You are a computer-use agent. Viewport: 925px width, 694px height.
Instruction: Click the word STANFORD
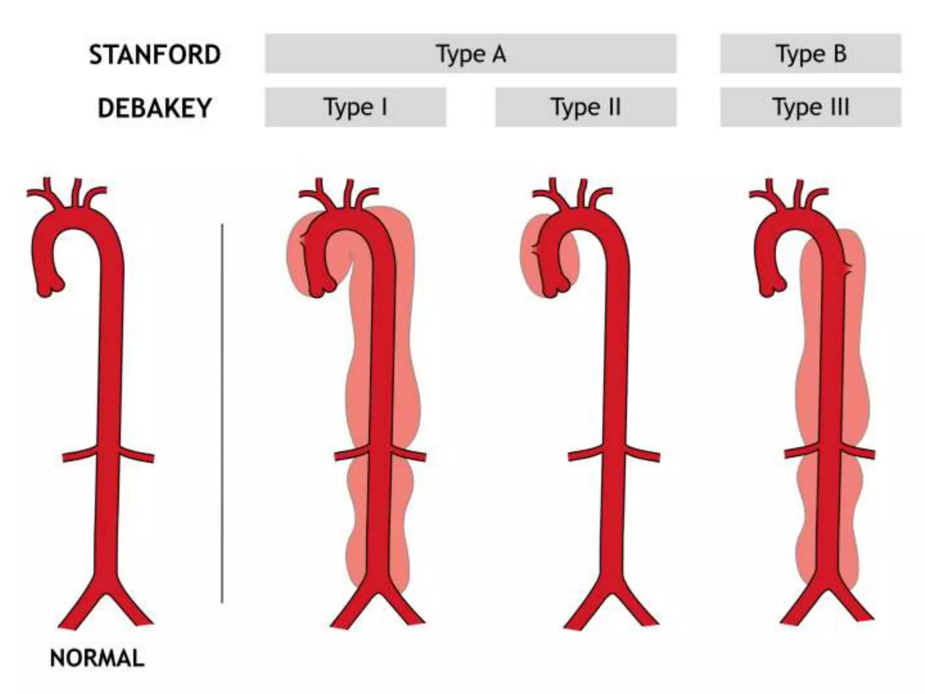point(154,55)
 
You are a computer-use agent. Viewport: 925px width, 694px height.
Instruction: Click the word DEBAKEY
point(154,108)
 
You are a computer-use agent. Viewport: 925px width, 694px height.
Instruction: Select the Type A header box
point(471,53)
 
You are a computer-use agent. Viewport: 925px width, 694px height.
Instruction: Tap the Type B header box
point(810,53)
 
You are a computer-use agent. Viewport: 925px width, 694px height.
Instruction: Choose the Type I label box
point(355,107)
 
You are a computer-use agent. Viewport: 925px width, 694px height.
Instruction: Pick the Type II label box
point(586,107)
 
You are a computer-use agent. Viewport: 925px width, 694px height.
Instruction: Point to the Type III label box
point(810,107)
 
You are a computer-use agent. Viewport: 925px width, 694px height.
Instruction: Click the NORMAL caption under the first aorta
point(97,658)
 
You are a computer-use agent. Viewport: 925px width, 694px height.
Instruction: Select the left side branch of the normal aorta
point(79,455)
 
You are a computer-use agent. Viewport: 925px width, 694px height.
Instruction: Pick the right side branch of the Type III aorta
point(858,453)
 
